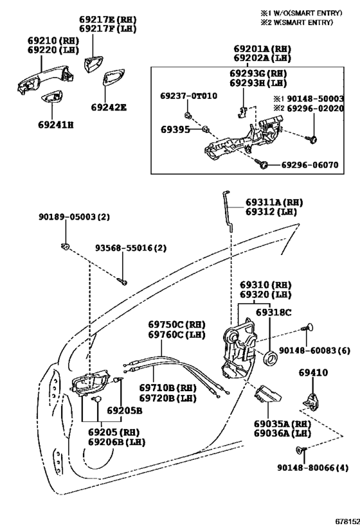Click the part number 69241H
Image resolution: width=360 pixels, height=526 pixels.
click(56, 125)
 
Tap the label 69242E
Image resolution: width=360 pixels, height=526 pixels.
click(109, 107)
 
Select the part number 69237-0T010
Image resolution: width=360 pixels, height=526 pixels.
click(188, 96)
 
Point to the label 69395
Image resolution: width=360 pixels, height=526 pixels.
click(175, 129)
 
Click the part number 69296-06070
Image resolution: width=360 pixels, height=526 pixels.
click(310, 164)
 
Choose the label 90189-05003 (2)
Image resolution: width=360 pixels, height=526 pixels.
click(74, 217)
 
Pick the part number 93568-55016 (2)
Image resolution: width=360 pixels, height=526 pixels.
click(130, 249)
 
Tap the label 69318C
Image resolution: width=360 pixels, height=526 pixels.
click(274, 312)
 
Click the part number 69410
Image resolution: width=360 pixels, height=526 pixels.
click(313, 373)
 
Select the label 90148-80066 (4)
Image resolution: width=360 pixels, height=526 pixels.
click(312, 468)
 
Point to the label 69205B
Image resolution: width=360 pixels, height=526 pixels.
click(125, 410)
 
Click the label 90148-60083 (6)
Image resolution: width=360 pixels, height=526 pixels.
click(314, 351)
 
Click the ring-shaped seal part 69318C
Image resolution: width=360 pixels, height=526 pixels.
click(271, 358)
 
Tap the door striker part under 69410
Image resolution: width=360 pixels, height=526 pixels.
click(312, 400)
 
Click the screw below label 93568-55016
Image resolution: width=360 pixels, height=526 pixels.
click(122, 281)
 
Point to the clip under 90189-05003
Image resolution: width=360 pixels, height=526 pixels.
click(65, 247)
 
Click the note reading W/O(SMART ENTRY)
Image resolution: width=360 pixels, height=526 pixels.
click(305, 13)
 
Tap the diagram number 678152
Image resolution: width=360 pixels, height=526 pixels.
click(347, 522)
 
